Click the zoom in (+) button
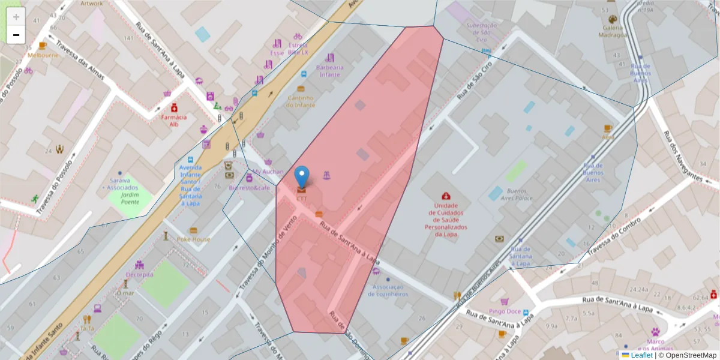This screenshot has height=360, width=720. [x=16, y=17]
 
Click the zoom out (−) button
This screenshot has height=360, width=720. [x=16, y=35]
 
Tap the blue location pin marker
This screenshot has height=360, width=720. [x=302, y=178]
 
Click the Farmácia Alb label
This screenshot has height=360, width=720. [x=173, y=121]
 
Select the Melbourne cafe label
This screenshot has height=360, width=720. [x=43, y=55]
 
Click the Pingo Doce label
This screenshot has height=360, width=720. [x=505, y=311]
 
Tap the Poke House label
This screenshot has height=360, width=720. [x=193, y=239]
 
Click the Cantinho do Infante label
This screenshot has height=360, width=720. [x=301, y=101]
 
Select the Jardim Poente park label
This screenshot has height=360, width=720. [x=130, y=199]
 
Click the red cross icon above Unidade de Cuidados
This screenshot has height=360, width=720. [x=446, y=196]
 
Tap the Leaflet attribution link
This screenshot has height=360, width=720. [x=641, y=355]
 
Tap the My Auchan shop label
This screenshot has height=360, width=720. [x=268, y=171]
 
